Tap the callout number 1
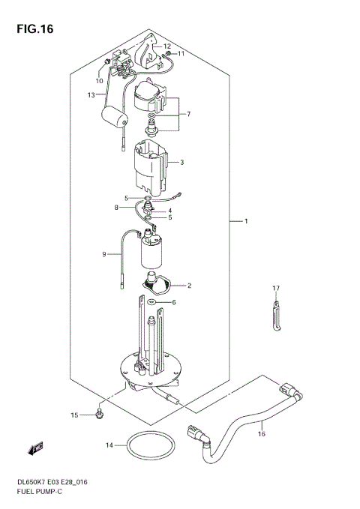point(244,221)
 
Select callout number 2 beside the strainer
point(189,286)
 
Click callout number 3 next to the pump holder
point(181,162)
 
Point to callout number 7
point(189,114)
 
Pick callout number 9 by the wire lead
point(105,254)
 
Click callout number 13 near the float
point(91,95)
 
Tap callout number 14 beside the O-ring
point(109,445)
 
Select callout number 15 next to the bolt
point(74,415)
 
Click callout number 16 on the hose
point(261,433)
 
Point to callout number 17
point(275,289)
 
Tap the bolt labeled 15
point(99,412)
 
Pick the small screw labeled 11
point(169,54)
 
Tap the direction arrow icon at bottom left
point(34,450)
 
